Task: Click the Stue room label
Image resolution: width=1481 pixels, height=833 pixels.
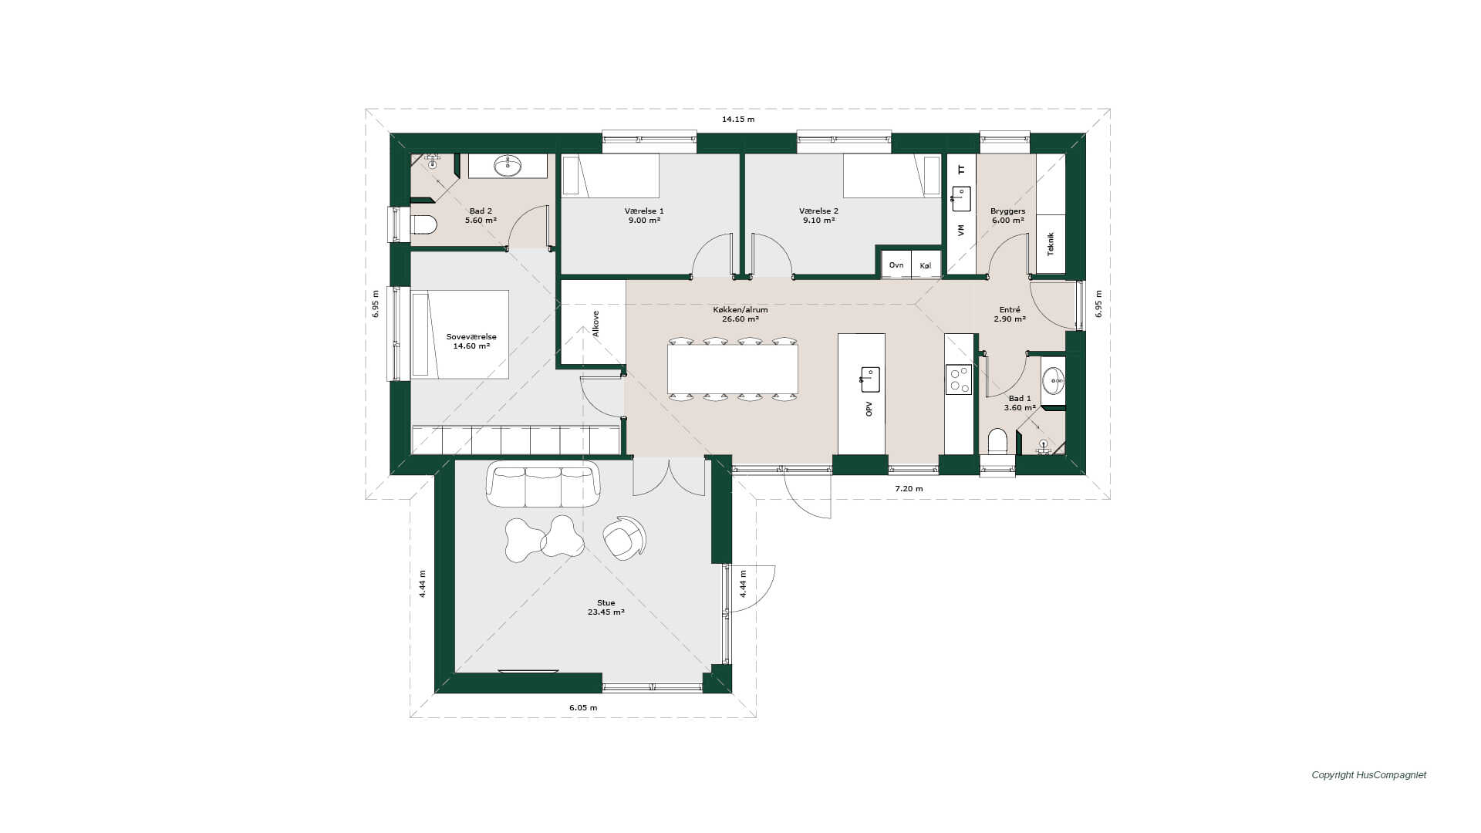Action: (606, 603)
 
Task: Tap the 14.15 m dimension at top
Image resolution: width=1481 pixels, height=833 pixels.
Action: (738, 120)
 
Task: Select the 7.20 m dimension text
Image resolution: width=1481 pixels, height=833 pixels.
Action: (909, 489)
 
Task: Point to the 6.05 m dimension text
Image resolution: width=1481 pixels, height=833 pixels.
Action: (583, 707)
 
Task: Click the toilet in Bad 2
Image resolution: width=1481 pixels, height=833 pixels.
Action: (423, 224)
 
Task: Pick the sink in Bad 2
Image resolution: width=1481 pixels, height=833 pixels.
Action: (508, 166)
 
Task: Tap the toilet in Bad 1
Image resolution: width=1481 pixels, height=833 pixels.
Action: (998, 441)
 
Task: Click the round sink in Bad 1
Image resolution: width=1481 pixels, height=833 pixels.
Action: (1054, 380)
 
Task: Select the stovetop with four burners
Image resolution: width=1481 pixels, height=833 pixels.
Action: (959, 379)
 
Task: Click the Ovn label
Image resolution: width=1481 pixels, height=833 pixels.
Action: (896, 265)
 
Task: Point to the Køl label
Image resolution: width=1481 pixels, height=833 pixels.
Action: (926, 265)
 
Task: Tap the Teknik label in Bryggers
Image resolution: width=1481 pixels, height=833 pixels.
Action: (1051, 244)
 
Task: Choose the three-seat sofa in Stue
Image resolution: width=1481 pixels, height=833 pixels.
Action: (543, 484)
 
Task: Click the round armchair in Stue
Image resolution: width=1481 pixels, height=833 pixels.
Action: (623, 537)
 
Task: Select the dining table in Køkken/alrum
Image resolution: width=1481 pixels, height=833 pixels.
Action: (733, 369)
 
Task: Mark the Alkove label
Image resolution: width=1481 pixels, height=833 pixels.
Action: (595, 324)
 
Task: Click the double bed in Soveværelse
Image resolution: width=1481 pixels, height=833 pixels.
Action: (460, 334)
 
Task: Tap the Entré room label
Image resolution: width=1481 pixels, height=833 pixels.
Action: (1009, 309)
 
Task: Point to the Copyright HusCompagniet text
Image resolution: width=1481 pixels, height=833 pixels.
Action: (1369, 775)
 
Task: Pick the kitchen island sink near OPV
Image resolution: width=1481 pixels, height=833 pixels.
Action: (870, 379)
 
